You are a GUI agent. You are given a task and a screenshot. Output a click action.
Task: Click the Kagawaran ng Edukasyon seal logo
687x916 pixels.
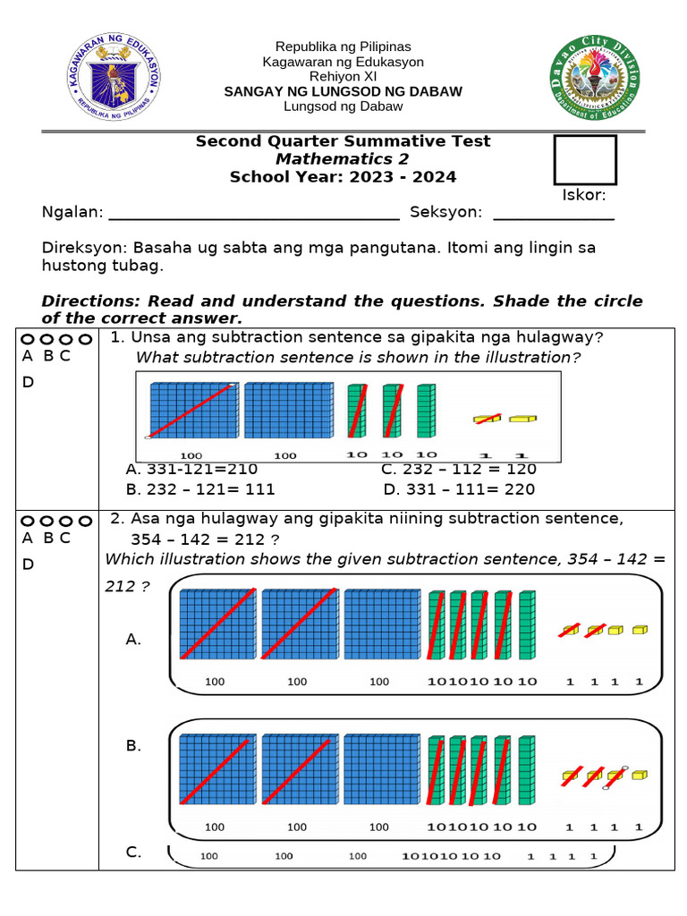tap(114, 81)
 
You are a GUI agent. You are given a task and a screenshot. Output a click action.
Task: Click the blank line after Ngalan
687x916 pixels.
tap(253, 216)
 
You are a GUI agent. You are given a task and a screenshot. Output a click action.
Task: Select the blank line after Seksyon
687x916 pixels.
tap(554, 216)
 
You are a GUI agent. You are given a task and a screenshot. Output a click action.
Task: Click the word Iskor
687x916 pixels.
tap(584, 195)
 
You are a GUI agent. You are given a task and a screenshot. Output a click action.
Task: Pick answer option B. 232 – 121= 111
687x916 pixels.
tap(201, 489)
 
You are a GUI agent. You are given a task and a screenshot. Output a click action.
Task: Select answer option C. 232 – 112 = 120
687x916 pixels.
tap(459, 470)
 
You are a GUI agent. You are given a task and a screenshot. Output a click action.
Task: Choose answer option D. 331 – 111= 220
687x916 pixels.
tap(459, 489)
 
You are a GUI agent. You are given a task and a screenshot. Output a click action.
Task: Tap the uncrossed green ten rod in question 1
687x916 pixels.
tap(426, 411)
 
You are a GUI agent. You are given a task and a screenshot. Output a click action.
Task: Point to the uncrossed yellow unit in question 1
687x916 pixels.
tap(522, 418)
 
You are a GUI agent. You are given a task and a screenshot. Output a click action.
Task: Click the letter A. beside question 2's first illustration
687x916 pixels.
tap(133, 640)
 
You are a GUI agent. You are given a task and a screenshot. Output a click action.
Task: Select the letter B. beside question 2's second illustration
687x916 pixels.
tap(133, 745)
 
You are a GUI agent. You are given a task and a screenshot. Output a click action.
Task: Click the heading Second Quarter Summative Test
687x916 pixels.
tap(343, 141)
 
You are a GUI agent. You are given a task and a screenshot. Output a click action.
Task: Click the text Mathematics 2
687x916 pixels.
tap(343, 159)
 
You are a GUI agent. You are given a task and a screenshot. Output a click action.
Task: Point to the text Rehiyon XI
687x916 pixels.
tap(343, 76)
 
